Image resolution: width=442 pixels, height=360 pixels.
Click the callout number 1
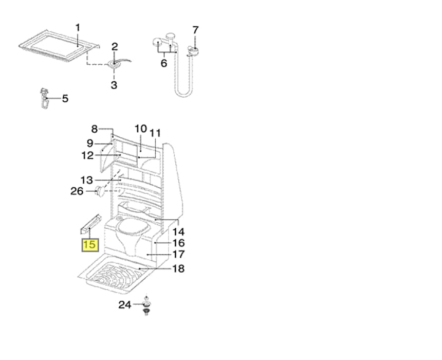[78, 28]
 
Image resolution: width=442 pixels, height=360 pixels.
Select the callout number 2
[115, 47]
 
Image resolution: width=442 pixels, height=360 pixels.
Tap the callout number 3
[114, 85]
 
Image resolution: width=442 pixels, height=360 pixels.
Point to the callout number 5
[65, 98]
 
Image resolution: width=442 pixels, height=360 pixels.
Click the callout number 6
[164, 63]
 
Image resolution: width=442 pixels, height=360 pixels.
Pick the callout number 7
[196, 30]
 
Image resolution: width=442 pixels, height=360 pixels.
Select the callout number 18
[178, 268]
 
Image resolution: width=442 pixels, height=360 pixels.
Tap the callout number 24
[125, 304]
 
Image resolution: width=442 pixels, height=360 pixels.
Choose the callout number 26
[77, 191]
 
